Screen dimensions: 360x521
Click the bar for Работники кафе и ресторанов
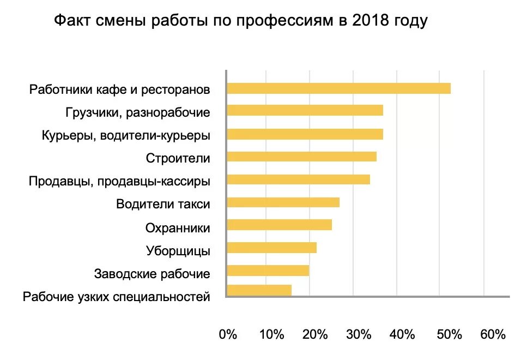click(x=338, y=88)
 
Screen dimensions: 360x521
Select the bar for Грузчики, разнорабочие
click(x=305, y=111)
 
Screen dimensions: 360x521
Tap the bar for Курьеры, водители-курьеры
click(x=305, y=134)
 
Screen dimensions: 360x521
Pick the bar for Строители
click(x=301, y=157)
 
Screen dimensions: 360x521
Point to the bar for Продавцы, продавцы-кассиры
click(x=298, y=179)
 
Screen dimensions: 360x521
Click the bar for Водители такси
click(x=283, y=202)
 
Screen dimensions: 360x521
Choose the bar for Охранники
click(x=279, y=225)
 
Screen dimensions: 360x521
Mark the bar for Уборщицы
click(x=271, y=248)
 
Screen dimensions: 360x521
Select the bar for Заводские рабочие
click(x=268, y=271)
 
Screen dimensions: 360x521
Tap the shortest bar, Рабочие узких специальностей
click(x=259, y=290)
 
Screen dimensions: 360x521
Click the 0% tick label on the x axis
click(x=228, y=334)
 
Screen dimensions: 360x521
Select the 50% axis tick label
click(x=449, y=334)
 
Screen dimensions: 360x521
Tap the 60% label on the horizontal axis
click(x=493, y=334)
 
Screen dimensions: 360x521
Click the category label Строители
click(x=178, y=158)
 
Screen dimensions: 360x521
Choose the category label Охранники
click(x=178, y=227)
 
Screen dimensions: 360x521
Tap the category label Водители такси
click(x=163, y=205)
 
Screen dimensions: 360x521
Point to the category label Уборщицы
click(x=178, y=251)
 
